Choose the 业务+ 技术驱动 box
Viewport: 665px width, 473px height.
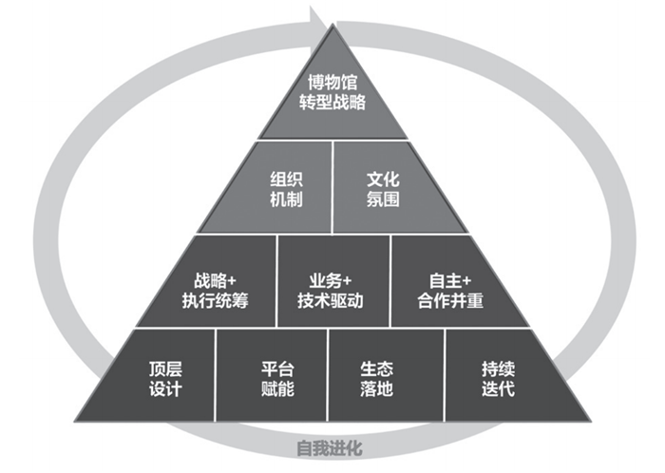(332, 282)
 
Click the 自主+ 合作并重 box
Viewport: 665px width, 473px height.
(445, 282)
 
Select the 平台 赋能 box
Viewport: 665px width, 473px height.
(272, 377)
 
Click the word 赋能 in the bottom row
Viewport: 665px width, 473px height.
(272, 388)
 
